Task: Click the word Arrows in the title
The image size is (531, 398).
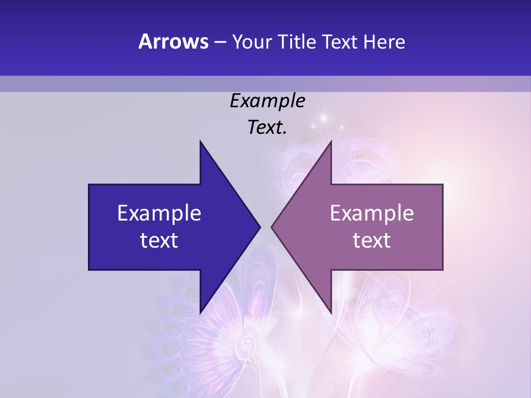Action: tap(173, 41)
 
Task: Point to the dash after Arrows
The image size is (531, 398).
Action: tap(220, 42)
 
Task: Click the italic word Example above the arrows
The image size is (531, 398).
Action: tap(267, 101)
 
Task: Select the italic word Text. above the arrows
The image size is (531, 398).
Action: tap(267, 127)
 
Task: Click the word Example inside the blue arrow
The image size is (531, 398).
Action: tap(159, 213)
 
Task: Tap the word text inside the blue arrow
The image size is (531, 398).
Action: tap(159, 240)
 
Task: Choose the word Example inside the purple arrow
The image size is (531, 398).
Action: tap(372, 213)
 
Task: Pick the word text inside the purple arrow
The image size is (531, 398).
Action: tap(372, 240)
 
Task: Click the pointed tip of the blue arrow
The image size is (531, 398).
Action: tap(260, 227)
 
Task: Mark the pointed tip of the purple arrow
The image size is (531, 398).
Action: tap(272, 227)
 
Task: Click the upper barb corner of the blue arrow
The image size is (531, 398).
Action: tap(200, 142)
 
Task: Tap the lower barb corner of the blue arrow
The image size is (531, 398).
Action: tap(200, 313)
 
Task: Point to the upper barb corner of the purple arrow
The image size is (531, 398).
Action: tap(331, 142)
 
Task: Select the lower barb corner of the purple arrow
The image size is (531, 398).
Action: tap(331, 313)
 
